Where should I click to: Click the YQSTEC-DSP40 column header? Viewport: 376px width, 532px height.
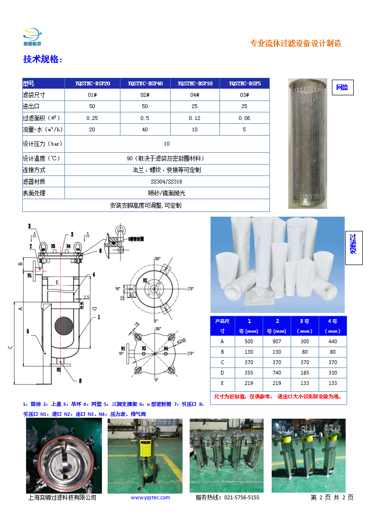[145, 83]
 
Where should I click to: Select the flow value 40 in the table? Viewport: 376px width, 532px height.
[145, 129]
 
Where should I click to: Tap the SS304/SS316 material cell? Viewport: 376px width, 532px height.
[166, 181]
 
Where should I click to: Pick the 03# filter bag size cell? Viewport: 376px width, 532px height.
[244, 95]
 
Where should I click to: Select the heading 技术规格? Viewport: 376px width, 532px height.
[43, 59]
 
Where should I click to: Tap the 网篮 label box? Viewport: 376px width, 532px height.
[342, 87]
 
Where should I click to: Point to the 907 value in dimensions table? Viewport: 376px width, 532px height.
[277, 341]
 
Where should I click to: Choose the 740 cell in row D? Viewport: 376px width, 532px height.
[277, 373]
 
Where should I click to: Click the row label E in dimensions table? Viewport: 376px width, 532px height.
[222, 383]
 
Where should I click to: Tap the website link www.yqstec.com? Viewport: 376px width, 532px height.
[150, 497]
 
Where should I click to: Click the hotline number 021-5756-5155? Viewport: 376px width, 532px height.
[241, 497]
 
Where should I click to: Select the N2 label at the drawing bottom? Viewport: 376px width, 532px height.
[59, 369]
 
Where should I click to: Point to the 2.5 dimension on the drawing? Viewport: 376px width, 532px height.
[86, 297]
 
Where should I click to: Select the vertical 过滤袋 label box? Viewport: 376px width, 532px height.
[353, 248]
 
